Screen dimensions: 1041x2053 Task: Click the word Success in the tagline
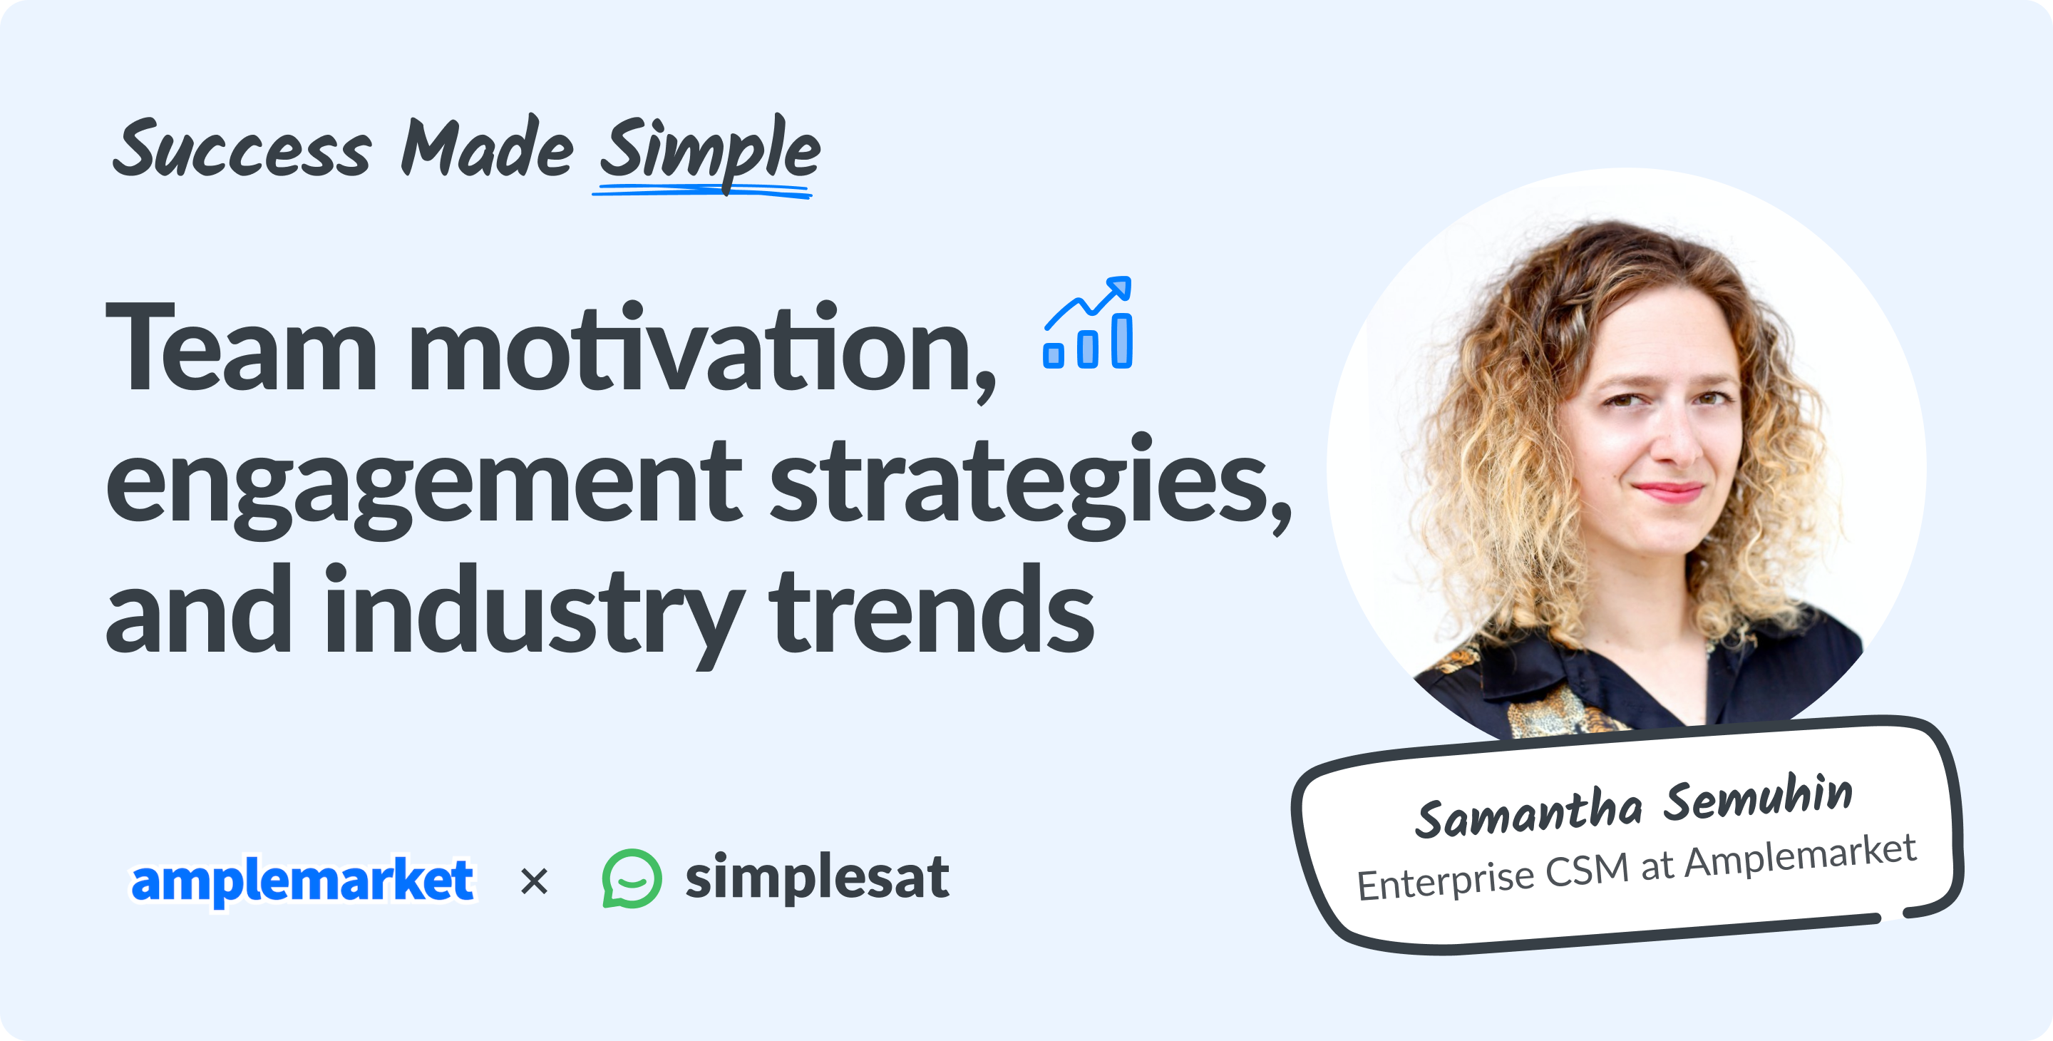pos(242,149)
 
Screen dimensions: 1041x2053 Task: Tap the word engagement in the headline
pos(423,482)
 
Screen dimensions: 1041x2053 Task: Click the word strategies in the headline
pos(1028,482)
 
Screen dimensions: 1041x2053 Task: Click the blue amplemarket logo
pos(302,881)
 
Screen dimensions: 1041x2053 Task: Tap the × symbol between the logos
pos(534,881)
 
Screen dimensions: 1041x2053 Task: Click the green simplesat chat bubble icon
pos(631,878)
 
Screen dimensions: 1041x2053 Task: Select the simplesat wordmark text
pos(817,877)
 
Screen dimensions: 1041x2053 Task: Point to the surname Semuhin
pos(1757,799)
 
